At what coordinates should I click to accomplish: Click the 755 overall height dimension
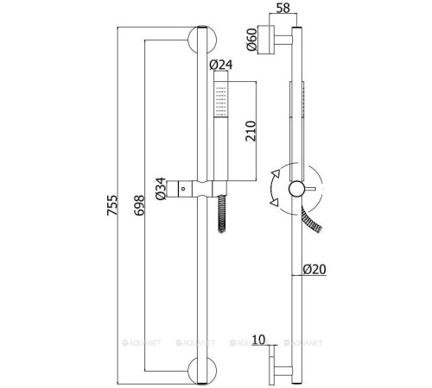point(112,205)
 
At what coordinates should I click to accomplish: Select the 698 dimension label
point(139,205)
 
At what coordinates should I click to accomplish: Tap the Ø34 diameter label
point(161,189)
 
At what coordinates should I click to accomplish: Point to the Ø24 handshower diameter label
point(221,65)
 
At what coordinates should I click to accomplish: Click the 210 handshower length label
point(251,131)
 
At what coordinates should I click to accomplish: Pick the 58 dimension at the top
point(283,8)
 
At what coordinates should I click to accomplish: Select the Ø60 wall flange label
point(251,39)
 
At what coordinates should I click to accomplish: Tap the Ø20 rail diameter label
point(314,269)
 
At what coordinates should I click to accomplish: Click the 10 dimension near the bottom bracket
point(258,340)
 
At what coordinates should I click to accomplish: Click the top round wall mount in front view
point(202,40)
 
